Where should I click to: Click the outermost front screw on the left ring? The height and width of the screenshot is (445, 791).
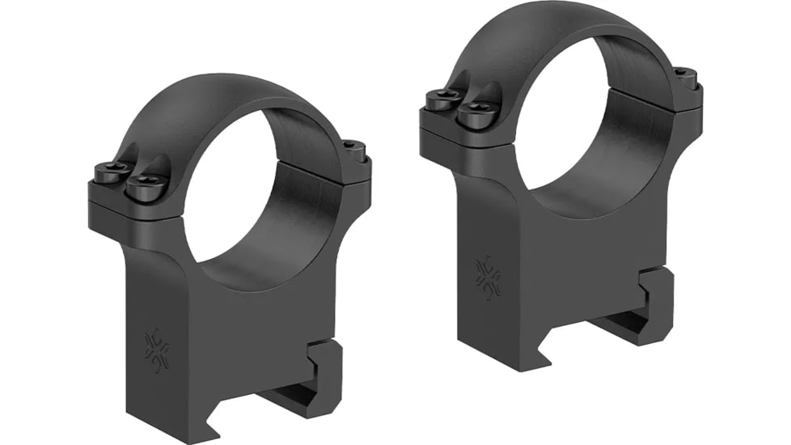(x=110, y=172)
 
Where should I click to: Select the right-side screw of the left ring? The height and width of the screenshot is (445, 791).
(x=353, y=147)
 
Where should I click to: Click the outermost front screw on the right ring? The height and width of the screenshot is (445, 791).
(x=442, y=100)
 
